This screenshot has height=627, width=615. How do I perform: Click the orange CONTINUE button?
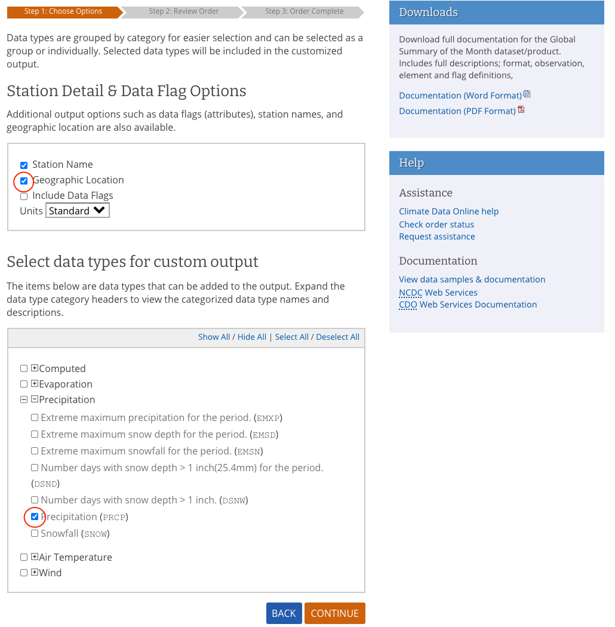[x=334, y=613]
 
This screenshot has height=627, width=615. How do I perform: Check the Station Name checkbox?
[x=24, y=165]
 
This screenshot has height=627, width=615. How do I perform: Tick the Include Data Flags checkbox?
[x=24, y=196]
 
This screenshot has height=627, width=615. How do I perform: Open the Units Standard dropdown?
[x=78, y=211]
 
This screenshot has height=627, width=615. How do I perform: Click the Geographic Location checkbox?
[x=24, y=180]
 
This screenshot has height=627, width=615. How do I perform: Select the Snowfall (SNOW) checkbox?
[x=35, y=534]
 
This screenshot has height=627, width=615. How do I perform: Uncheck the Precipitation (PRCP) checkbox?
[x=35, y=517]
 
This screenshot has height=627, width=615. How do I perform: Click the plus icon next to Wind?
[x=35, y=573]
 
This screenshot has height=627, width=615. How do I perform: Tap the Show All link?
[x=214, y=337]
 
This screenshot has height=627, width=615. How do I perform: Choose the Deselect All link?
[x=337, y=337]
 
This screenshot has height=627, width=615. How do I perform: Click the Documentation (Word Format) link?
[x=460, y=96]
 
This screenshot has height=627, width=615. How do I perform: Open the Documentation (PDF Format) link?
[x=457, y=111]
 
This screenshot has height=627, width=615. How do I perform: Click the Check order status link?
[x=436, y=225]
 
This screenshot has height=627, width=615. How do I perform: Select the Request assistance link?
[x=437, y=236]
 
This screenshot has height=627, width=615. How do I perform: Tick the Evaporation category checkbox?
[x=24, y=385]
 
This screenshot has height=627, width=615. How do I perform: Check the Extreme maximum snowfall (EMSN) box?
[x=35, y=451]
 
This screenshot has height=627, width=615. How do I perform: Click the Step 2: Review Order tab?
[x=184, y=11]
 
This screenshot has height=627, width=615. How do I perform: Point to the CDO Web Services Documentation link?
[x=468, y=305]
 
